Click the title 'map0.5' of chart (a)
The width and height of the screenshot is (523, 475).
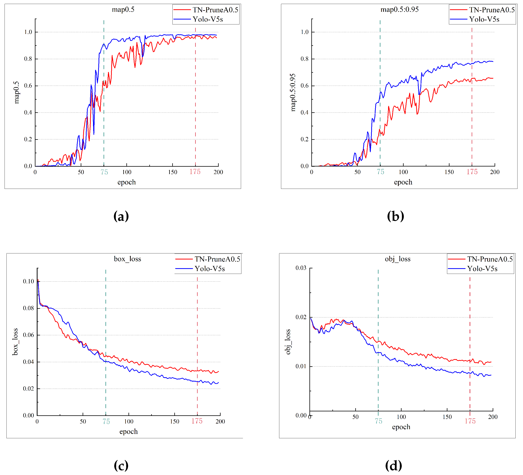[x=123, y=10]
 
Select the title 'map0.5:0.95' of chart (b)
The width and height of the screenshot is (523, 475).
[x=399, y=10]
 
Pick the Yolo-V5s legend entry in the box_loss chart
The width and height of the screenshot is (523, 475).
[x=210, y=268]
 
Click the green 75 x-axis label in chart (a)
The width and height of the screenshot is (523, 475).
[x=104, y=172]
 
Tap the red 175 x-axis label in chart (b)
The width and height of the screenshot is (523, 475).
[x=472, y=172]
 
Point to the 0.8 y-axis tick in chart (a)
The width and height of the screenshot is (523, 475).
[x=28, y=59]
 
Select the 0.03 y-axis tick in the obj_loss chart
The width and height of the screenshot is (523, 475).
[x=301, y=268]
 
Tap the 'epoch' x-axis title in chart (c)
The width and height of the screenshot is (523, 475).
[x=128, y=431]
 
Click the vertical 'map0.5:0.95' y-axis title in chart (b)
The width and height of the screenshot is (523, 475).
[x=293, y=93]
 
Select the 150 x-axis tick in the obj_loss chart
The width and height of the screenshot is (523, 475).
[x=447, y=417]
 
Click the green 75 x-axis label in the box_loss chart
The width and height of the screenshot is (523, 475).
[x=106, y=422]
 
